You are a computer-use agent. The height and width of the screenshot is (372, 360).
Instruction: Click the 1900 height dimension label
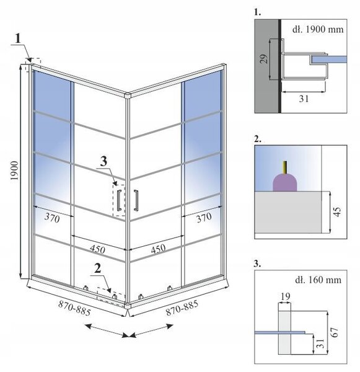[x=14, y=170]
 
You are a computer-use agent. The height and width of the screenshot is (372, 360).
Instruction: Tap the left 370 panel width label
[x=52, y=218]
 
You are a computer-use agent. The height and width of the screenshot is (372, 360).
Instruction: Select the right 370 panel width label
[x=204, y=218]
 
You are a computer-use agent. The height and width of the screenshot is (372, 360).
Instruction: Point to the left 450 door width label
[x=97, y=249]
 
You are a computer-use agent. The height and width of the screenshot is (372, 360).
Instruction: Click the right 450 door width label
[x=158, y=249]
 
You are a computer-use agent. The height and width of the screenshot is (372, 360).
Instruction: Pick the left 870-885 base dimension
[x=74, y=308]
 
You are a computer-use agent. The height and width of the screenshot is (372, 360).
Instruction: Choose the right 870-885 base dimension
[x=182, y=308]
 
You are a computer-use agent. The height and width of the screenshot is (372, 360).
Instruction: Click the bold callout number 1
[x=19, y=38]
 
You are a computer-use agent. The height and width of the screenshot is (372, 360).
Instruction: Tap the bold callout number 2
[x=97, y=268]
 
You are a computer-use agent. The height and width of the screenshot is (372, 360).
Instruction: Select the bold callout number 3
[x=103, y=162]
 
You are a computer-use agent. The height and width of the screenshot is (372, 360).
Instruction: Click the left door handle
[x=119, y=200]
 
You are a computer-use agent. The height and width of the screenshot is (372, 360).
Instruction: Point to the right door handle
[x=136, y=200]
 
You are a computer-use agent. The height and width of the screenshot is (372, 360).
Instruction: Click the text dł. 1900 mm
[x=318, y=29]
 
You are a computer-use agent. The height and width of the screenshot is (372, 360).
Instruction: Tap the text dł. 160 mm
[x=318, y=280]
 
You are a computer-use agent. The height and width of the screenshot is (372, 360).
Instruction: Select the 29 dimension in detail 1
[x=264, y=59]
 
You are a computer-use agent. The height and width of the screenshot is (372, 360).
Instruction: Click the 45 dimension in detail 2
[x=337, y=212]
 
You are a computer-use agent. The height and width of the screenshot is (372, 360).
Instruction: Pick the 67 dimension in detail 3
[x=334, y=332]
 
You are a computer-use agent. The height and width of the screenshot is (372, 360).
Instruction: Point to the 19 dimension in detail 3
[x=285, y=296]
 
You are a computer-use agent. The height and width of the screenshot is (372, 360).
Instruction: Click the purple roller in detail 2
[x=285, y=182]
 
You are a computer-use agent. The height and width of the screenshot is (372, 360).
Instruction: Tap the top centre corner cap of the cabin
[x=128, y=95]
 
